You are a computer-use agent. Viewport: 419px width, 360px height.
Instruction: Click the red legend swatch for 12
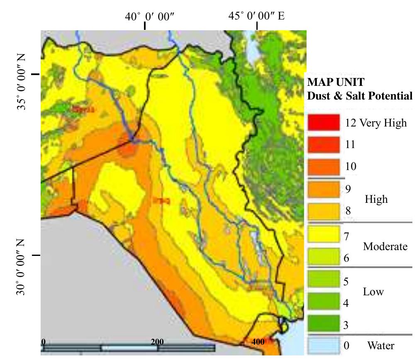point(324,122)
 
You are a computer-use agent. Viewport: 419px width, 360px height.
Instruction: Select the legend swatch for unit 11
point(324,144)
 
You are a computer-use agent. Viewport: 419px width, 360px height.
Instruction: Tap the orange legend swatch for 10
point(324,166)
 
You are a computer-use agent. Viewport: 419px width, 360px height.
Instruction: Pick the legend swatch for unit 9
point(324,189)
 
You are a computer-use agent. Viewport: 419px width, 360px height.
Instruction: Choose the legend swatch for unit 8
point(324,211)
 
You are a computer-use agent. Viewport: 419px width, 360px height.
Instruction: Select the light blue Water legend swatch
point(324,345)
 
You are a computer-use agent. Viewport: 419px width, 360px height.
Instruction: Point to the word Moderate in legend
point(385,246)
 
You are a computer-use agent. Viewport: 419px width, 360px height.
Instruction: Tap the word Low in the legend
point(373,292)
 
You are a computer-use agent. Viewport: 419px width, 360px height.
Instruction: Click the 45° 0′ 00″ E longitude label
point(256,16)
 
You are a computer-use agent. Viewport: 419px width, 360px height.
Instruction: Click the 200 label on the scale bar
point(157,342)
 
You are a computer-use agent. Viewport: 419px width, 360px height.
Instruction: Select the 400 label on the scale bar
point(258,342)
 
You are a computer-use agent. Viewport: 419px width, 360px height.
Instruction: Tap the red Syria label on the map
point(83,109)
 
